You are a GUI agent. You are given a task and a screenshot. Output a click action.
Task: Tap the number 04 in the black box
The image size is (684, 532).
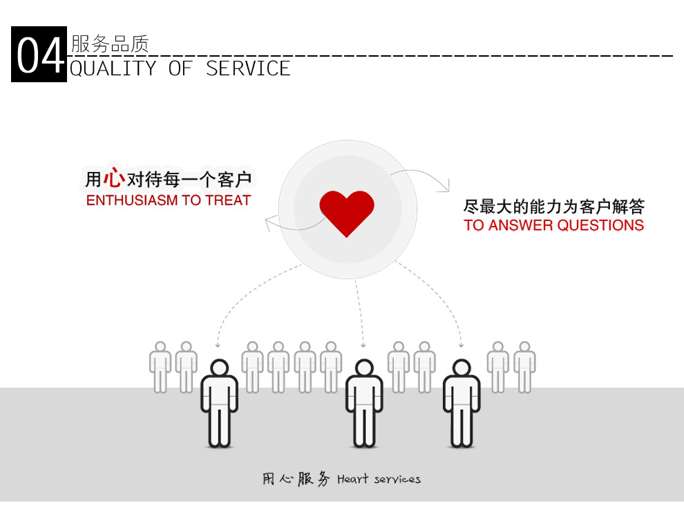click(x=39, y=55)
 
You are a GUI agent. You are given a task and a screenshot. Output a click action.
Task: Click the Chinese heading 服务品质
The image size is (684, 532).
click(x=110, y=44)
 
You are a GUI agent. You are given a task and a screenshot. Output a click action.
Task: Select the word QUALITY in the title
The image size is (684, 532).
click(x=113, y=68)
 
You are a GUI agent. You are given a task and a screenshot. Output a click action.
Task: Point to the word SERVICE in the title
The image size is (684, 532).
click(x=248, y=68)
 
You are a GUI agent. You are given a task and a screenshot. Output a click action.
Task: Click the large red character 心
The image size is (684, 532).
click(x=114, y=178)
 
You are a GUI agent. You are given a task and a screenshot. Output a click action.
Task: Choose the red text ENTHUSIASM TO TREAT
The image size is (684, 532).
click(x=169, y=201)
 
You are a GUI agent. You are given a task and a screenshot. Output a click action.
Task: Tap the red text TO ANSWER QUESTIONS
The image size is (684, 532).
click(x=553, y=225)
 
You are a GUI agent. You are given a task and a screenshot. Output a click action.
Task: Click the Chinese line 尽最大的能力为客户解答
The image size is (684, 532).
click(x=553, y=206)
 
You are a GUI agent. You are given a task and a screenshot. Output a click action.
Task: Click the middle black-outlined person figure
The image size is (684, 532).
click(x=364, y=403)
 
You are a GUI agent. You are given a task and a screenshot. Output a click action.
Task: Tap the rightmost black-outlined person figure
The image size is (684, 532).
click(x=462, y=403)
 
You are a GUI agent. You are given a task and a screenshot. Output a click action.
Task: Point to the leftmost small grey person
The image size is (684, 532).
click(x=160, y=367)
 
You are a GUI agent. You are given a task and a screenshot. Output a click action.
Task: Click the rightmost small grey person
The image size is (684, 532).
click(x=524, y=367)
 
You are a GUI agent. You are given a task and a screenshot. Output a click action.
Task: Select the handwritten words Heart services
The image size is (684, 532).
click(x=379, y=479)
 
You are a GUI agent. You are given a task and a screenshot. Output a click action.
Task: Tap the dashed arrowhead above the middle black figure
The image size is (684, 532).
click(x=363, y=344)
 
